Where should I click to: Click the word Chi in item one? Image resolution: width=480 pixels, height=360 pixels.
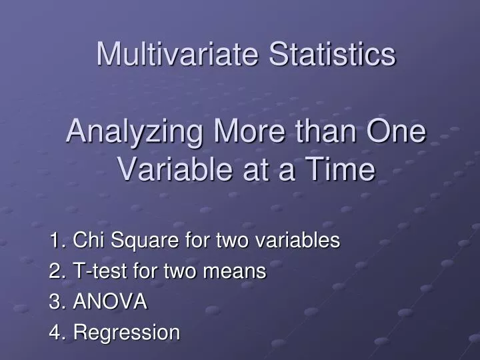coord(85,240)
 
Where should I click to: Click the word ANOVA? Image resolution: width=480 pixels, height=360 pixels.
coord(110,302)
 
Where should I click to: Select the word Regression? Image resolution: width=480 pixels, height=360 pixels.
coord(127,333)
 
